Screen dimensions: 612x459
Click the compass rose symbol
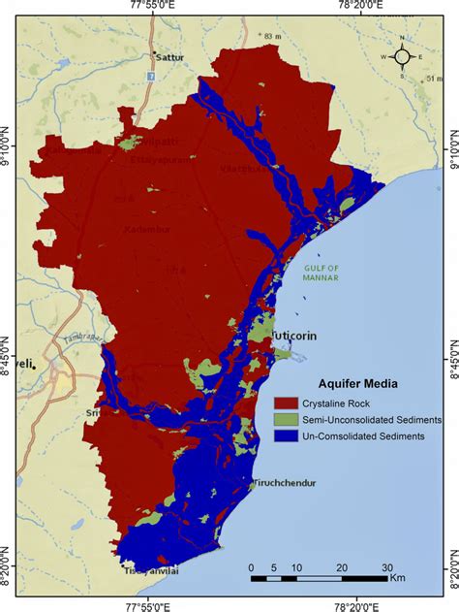[x=405, y=56]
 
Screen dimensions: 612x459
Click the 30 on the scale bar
[x=386, y=568]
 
